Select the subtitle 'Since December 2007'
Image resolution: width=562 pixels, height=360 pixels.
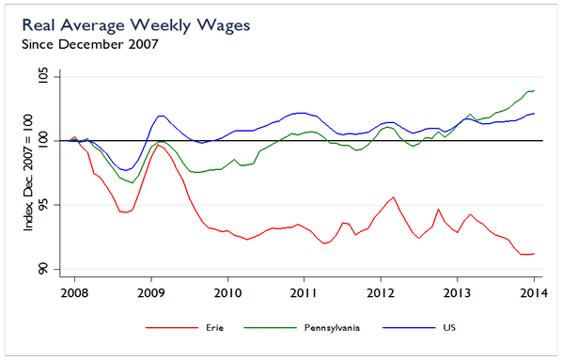point(88,43)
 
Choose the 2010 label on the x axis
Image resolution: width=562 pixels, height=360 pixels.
point(226,292)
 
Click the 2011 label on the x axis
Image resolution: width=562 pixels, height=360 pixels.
point(304,292)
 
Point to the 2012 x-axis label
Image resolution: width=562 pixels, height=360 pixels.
point(381,292)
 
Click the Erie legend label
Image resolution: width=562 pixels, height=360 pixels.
point(215,328)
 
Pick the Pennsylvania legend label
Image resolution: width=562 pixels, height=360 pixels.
point(329,328)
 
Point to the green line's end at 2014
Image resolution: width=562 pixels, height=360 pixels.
point(534,91)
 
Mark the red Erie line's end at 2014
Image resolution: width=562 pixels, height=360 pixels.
point(534,254)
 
